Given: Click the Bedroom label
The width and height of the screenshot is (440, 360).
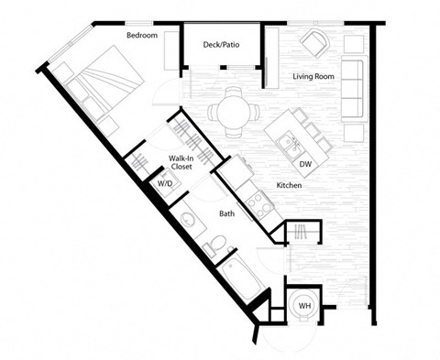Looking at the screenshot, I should coord(142,36).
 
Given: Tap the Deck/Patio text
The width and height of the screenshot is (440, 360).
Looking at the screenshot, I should coord(223,43).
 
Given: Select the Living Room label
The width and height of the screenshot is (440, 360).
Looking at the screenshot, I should coord(313,77).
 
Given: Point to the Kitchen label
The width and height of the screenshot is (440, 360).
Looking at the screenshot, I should coord(290,186).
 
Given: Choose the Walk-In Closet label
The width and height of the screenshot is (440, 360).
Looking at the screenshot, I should coord(180,164).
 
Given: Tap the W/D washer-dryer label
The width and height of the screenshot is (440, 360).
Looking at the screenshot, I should coord(165,184).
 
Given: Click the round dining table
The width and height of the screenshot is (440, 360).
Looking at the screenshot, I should coord(226,112).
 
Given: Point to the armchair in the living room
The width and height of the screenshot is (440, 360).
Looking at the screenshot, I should coord(315,42).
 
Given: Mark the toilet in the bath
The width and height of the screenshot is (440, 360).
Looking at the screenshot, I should coord(212,245).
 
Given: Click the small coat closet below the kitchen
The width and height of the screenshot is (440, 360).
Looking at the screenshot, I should coord(299,233).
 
